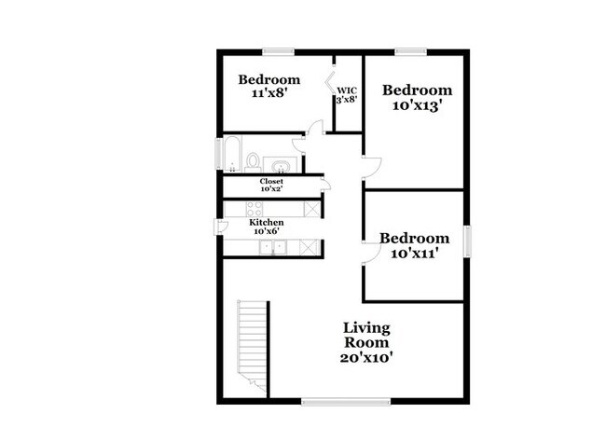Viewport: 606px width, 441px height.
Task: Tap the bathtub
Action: [x=233, y=155]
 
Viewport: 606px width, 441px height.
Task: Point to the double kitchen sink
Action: [x=273, y=247]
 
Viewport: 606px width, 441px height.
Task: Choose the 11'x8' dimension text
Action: [x=267, y=94]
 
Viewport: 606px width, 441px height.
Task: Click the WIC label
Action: [x=347, y=90]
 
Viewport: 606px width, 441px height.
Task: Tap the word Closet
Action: [x=271, y=181]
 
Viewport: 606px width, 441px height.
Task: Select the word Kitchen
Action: [x=266, y=223]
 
